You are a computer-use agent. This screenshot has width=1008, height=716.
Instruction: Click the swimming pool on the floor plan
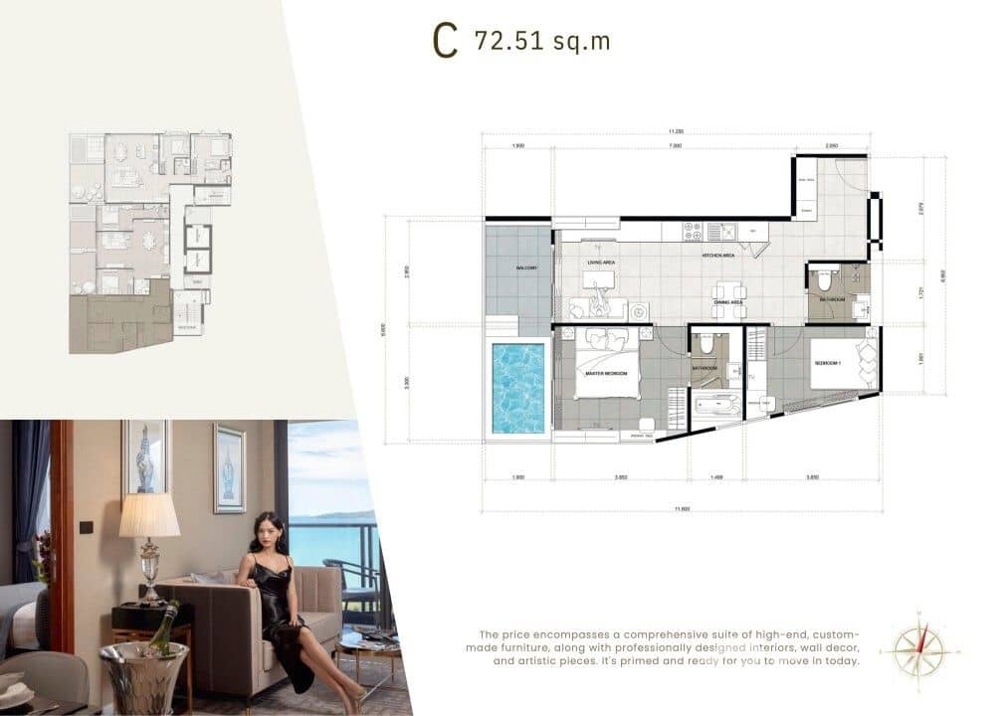coord(518,388)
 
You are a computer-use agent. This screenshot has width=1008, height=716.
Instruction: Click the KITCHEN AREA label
coord(717,257)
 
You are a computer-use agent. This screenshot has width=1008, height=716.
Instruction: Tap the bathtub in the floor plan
coord(716,406)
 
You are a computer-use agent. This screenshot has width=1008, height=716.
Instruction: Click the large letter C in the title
coord(445,41)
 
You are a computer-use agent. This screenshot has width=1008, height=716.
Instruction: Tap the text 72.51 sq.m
coord(542,41)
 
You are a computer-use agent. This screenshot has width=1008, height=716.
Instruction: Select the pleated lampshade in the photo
coord(149,515)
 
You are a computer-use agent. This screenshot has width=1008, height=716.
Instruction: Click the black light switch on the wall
coord(87,527)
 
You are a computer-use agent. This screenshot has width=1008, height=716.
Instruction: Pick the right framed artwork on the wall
coord(229,467)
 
